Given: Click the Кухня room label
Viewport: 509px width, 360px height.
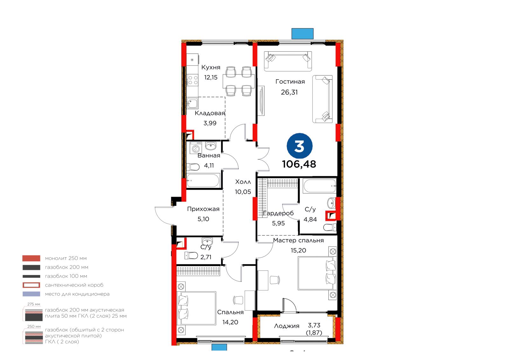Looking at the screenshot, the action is coord(211,67).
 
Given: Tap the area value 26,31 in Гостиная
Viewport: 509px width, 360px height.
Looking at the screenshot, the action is coord(289,92).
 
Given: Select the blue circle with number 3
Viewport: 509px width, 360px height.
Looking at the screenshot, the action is coord(299,146).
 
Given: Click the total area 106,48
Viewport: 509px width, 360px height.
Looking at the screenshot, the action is coord(299,164).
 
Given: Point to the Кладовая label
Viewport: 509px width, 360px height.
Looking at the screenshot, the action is coord(210,113).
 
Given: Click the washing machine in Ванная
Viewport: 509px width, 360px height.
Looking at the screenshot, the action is coord(196,148).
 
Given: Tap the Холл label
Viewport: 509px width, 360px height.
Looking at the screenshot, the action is coord(243,182).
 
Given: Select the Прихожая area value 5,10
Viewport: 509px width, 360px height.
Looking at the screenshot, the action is coord(203,219).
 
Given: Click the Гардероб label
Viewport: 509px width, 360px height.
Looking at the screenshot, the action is coord(278,213).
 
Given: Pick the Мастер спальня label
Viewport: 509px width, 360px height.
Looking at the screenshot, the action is coord(298,241).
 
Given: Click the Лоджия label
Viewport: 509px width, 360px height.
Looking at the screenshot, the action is coord(287,326).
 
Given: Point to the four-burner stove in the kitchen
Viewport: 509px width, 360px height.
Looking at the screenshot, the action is coord(193,80).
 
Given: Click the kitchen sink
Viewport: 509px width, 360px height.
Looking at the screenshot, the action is coord(192,103).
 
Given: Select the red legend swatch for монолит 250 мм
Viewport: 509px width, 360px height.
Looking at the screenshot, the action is coord(31,258).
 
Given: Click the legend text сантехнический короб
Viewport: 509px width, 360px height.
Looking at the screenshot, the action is coord(74,285).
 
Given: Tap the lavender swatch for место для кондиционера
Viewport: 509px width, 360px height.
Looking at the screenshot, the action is coord(31,294).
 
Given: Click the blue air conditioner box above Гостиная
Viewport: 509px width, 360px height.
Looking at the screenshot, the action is coord(303,34).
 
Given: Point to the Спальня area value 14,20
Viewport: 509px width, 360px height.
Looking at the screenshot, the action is coord(230,322).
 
